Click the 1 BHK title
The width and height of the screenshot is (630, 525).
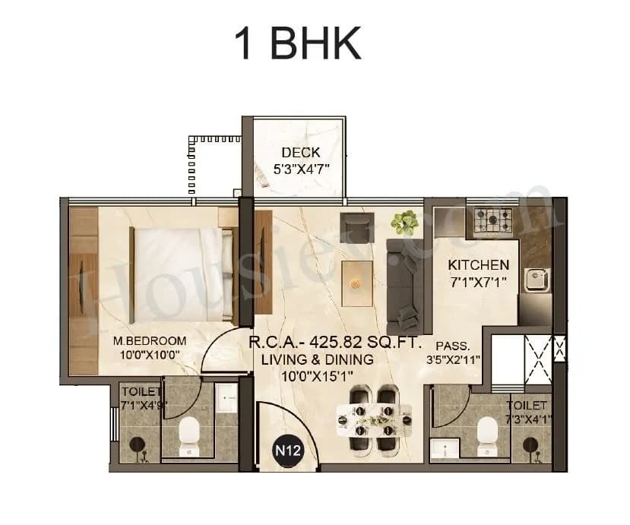[x=297, y=44]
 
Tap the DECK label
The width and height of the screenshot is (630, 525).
[x=300, y=153]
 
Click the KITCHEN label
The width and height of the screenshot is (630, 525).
[x=478, y=265]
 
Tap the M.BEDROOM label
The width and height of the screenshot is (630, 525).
[x=150, y=340]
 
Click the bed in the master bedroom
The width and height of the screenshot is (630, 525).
[x=181, y=275]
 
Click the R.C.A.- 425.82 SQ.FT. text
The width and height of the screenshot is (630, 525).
[x=334, y=343]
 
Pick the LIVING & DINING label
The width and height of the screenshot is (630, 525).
[x=318, y=359]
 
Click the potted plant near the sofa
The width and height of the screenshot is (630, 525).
[x=404, y=222]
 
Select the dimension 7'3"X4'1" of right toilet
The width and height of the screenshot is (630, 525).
[x=527, y=419]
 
